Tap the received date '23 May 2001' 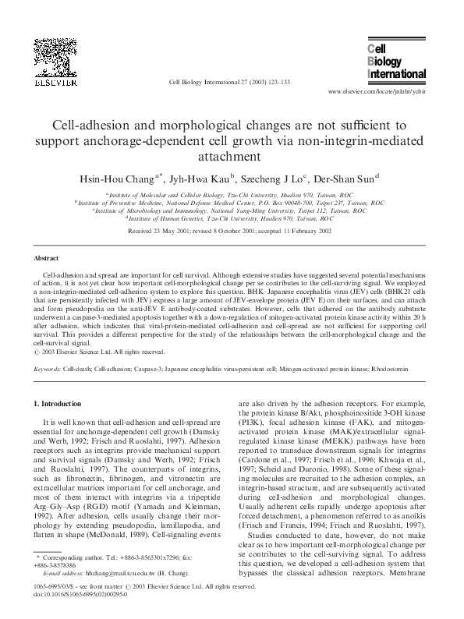click(188, 232)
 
